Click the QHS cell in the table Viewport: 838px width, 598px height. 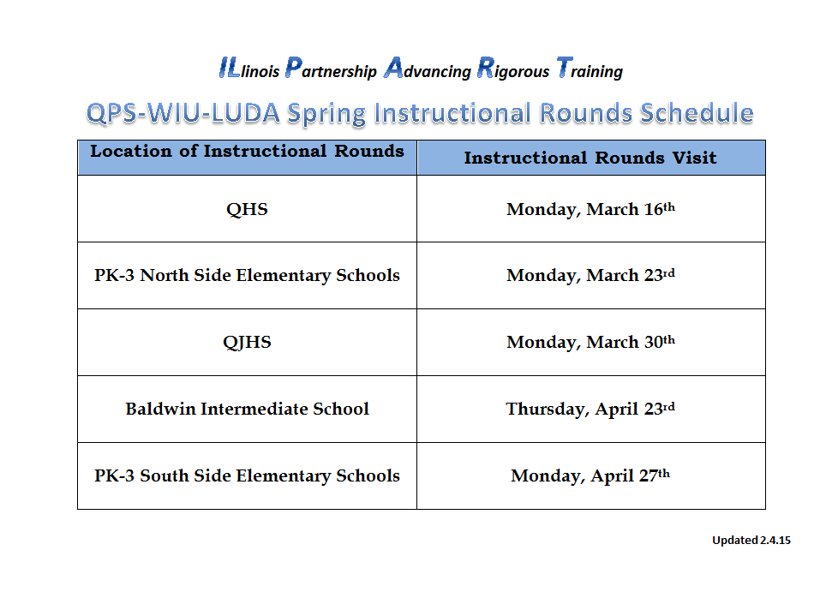[x=247, y=209]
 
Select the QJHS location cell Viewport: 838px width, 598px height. [x=247, y=342]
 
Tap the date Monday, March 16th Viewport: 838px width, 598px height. [x=590, y=209]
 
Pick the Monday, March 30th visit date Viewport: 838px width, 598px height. [x=590, y=342]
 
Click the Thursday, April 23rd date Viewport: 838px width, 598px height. [x=590, y=409]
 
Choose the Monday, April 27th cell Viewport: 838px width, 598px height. [x=590, y=475]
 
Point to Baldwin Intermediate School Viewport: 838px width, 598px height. [x=247, y=409]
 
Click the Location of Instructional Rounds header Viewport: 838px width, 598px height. [x=247, y=152]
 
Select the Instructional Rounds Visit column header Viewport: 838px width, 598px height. [x=590, y=158]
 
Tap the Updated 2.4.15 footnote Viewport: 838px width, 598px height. [x=751, y=541]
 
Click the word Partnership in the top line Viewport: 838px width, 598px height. [x=331, y=69]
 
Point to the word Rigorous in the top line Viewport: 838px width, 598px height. [x=513, y=69]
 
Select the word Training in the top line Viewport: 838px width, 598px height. [x=590, y=69]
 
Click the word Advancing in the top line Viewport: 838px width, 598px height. [x=428, y=69]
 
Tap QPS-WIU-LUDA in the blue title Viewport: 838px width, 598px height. [x=183, y=113]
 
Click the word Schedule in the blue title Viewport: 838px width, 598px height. [x=697, y=113]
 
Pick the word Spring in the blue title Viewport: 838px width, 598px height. [x=326, y=114]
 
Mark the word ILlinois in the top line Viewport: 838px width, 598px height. [x=249, y=69]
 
